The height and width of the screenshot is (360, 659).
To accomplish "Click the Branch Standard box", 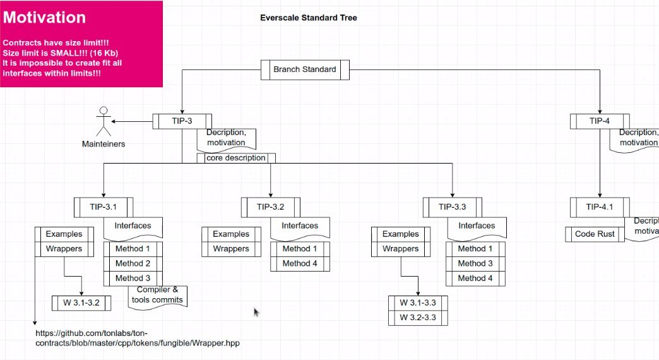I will coord(305,69).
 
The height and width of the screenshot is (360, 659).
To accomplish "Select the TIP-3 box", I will coord(182,121).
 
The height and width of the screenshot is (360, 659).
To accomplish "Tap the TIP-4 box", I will coord(599,121).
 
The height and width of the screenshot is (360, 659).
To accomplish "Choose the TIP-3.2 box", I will coord(270,207).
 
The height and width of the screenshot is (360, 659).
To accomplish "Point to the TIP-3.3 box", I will coord(452,207).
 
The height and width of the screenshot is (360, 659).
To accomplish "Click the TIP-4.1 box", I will coord(599,207).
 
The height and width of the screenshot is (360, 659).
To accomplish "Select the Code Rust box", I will coord(595,234).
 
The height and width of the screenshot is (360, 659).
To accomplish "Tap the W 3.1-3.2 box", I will coord(81,303).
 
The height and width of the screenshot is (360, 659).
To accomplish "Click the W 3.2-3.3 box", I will coord(418,317).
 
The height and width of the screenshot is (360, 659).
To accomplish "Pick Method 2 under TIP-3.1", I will coord(133,263).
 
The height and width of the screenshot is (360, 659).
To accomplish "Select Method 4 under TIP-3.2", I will coord(300,263).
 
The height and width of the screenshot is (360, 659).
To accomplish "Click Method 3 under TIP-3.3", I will coord(475,263).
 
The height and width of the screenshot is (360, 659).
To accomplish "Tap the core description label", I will coord(236,158).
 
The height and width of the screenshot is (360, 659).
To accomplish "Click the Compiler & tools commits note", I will coord(158,295).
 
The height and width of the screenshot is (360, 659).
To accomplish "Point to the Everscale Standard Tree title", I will coord(309,18).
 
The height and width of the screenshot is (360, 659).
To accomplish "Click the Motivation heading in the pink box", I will coord(44,18).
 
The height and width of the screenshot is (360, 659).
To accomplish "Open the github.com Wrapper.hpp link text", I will coord(138,338).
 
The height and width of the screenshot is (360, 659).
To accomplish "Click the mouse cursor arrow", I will coord(256,312).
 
